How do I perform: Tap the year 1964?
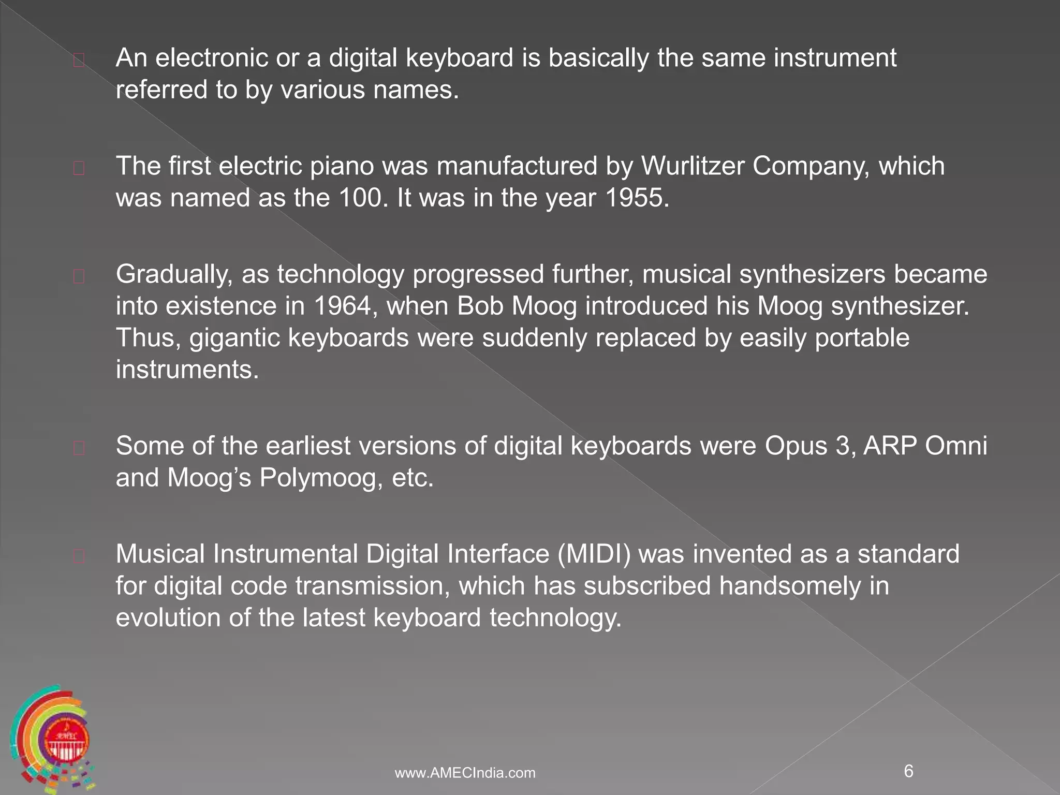pos(343,306)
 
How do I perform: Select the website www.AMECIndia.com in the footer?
pos(465,773)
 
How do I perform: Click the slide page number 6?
pos(908,771)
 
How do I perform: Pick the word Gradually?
pos(174,275)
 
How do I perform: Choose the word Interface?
pos(498,554)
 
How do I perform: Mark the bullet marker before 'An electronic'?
pos(79,61)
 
